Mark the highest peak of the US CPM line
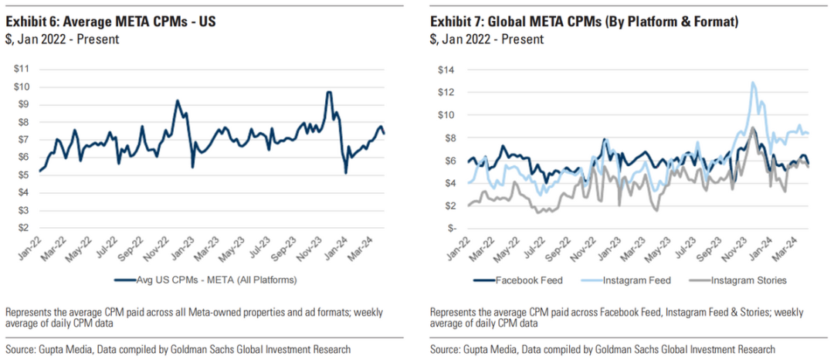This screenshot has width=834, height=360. (329, 92)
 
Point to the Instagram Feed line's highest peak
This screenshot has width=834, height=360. (751, 83)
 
